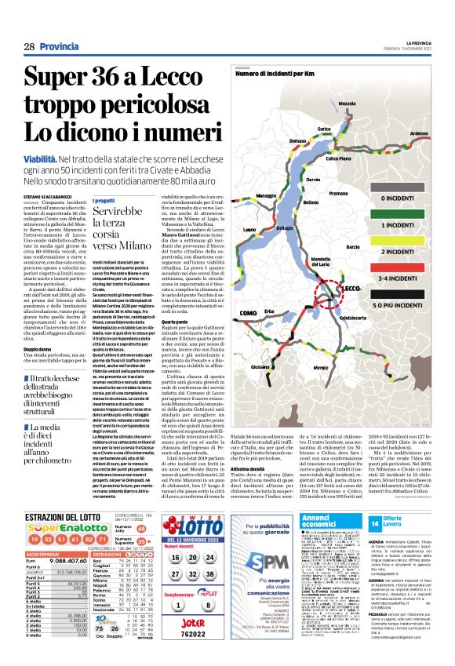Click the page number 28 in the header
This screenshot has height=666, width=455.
[x=28, y=47]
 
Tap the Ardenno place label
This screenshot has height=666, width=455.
[x=420, y=134]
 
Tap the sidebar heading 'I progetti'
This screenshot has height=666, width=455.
[x=104, y=200]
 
